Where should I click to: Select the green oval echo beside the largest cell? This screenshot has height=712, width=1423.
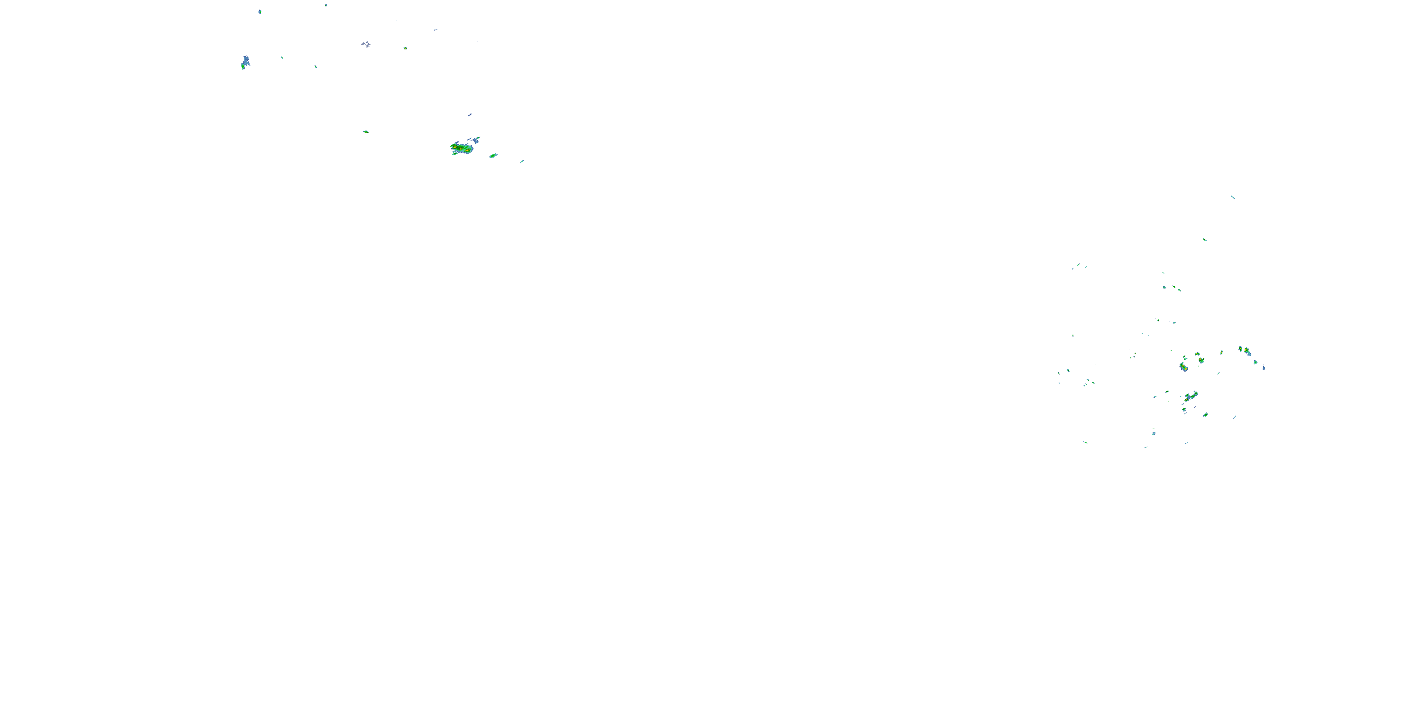click(493, 155)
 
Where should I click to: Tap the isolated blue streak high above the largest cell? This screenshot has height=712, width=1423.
click(470, 115)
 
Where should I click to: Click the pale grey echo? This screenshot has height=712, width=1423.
click(366, 44)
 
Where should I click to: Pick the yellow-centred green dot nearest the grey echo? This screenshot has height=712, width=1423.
click(406, 48)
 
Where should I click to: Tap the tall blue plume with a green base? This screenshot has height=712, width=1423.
click(246, 61)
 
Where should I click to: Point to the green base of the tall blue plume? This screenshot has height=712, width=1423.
click(243, 66)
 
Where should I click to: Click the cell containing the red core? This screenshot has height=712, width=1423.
click(1183, 366)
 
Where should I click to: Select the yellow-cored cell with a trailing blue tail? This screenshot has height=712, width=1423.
click(1247, 352)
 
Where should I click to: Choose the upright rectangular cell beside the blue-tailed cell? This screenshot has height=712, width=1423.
click(1240, 349)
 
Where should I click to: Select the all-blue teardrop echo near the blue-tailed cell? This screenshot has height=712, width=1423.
click(1264, 367)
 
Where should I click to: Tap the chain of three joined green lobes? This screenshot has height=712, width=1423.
click(1191, 396)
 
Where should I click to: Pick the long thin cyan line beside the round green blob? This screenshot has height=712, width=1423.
click(1234, 417)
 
